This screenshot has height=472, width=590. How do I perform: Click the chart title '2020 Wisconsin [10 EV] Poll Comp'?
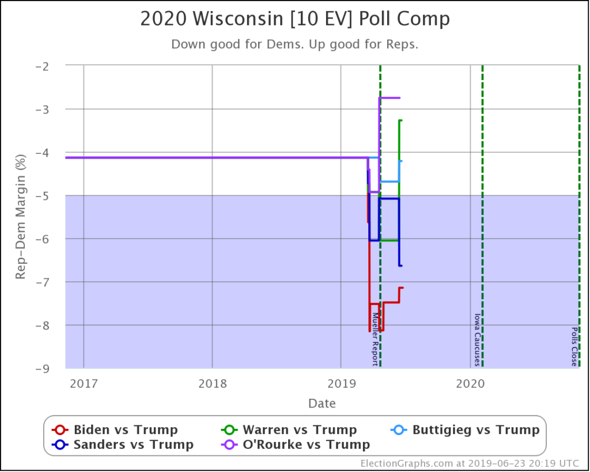click(295, 19)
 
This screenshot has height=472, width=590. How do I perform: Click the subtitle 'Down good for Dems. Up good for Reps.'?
click(295, 44)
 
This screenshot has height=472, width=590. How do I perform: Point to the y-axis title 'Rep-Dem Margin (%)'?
click(21, 217)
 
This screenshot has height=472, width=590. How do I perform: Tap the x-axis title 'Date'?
click(322, 403)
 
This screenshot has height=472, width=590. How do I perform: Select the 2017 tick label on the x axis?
click(84, 383)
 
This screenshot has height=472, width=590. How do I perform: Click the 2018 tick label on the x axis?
click(212, 383)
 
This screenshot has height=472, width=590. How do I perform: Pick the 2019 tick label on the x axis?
click(341, 383)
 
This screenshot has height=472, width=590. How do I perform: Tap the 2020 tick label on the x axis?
click(470, 383)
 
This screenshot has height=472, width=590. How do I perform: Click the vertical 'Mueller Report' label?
click(375, 339)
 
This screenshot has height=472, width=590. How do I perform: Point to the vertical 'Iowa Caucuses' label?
click(476, 339)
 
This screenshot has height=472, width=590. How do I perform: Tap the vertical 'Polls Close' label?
click(574, 346)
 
